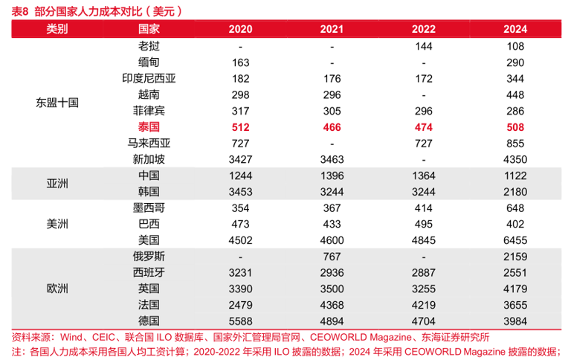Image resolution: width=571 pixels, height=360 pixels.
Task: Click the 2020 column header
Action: coord(241,29)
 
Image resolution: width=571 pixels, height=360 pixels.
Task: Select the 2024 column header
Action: coord(514,29)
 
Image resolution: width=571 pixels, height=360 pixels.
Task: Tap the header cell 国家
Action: coord(149,29)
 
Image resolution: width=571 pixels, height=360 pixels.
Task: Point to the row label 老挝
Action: coord(149,45)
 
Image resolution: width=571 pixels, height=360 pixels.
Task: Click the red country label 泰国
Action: coord(149,127)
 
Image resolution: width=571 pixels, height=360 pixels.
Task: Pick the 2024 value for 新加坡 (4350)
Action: coord(514,159)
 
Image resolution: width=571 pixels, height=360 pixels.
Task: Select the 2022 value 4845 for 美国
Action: coord(423,240)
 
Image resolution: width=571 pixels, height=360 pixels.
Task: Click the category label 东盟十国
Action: coord(57,103)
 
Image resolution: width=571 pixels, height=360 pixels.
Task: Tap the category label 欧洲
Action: coord(57,288)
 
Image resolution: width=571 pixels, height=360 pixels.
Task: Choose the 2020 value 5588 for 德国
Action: coord(241,321)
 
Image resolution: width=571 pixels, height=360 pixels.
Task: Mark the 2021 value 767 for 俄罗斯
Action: coord(332,256)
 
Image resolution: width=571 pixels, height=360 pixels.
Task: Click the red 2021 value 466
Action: coord(332,127)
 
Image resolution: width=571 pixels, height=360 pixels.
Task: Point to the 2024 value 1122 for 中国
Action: coord(514,176)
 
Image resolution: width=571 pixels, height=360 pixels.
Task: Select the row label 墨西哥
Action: coord(149,208)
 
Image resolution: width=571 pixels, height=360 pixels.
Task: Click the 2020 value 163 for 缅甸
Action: coord(241,62)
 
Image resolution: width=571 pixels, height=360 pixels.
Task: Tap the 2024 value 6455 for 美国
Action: coord(514,240)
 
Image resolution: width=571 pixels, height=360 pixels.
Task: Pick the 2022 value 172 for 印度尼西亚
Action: coord(423,78)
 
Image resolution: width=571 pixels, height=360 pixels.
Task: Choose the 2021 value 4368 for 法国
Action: coord(332,304)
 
